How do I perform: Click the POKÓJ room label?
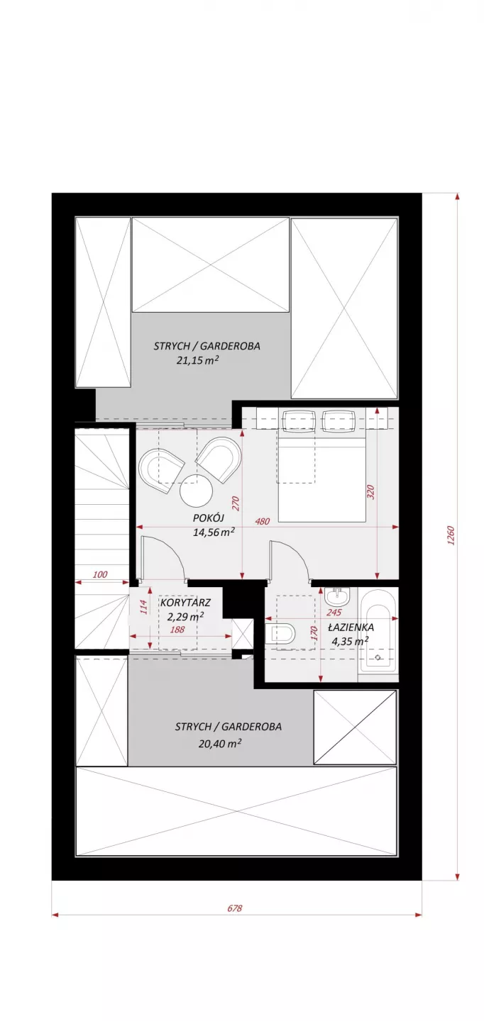tap(209, 518)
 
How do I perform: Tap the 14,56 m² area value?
tap(214, 532)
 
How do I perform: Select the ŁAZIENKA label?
tap(351, 627)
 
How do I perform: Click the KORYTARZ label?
tap(185, 603)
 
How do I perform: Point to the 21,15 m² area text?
tap(198, 360)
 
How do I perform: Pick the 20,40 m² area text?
tap(220, 743)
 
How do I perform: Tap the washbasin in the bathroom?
tap(338, 596)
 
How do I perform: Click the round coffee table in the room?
tap(197, 490)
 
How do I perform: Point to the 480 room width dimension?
tap(263, 521)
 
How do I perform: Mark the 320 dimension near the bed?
tap(370, 492)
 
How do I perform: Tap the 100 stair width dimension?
tap(100, 575)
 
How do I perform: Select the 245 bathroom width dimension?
tap(334, 613)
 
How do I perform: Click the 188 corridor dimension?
tap(177, 630)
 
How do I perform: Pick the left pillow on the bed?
tap(299, 420)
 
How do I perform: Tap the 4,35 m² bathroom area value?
tap(350, 641)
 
